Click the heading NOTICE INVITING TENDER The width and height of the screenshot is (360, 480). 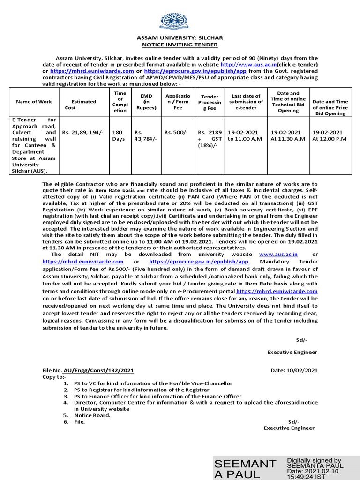point(180,45)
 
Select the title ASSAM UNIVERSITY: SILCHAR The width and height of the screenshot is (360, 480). point(180,38)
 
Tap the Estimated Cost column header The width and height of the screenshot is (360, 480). point(83,104)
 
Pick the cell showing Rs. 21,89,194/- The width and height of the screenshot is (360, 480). point(83,133)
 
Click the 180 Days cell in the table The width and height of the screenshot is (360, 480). point(118,136)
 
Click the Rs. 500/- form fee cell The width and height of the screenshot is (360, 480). point(176,133)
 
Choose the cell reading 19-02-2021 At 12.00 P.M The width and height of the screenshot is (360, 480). point(330,136)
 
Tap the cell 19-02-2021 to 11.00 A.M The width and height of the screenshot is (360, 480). point(245,136)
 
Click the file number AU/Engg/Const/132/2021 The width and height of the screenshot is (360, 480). point(97,370)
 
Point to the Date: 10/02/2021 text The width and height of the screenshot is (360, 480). point(294,370)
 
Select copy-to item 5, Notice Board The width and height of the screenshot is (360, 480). point(92,415)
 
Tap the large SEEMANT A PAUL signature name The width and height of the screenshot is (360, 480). point(245,469)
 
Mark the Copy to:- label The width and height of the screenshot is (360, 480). point(55,376)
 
